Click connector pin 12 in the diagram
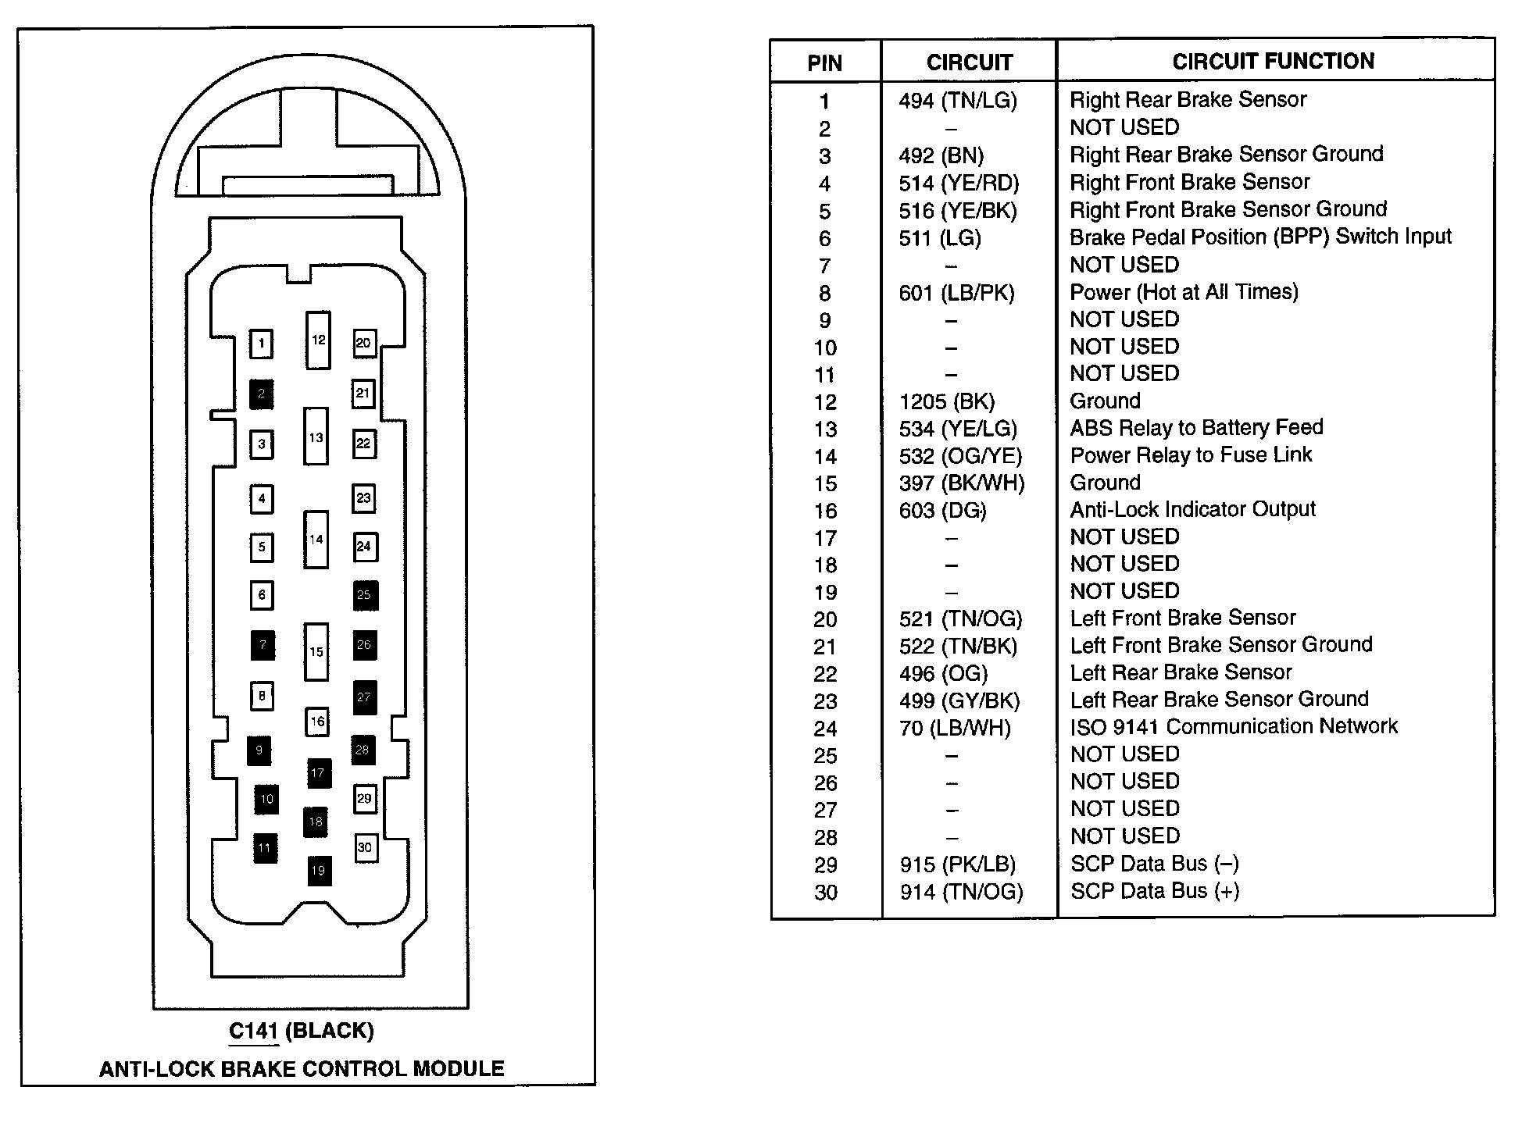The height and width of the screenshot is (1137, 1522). pyautogui.click(x=318, y=340)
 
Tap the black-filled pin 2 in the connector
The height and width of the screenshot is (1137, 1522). pyautogui.click(x=261, y=394)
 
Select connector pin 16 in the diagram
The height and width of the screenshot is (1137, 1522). pyautogui.click(x=316, y=721)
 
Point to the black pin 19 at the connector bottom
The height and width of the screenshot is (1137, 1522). pyautogui.click(x=317, y=871)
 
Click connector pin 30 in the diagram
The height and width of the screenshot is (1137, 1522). pyautogui.click(x=365, y=847)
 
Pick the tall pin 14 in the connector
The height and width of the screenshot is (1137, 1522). pyautogui.click(x=316, y=540)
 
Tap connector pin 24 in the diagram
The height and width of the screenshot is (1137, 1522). pyautogui.click(x=364, y=547)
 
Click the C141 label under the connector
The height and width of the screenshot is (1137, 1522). pyautogui.click(x=254, y=1031)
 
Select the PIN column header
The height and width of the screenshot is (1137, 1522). pyautogui.click(x=825, y=62)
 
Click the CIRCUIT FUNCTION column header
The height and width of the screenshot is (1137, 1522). pyautogui.click(x=1273, y=61)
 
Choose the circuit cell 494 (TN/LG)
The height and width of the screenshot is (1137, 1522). pyautogui.click(x=958, y=101)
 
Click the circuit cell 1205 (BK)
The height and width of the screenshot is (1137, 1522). pyautogui.click(x=947, y=402)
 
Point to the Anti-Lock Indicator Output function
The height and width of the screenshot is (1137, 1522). pyautogui.click(x=1192, y=510)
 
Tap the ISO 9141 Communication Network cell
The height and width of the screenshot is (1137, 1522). pyautogui.click(x=1234, y=727)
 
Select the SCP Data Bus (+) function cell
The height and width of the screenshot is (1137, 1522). pyautogui.click(x=1155, y=892)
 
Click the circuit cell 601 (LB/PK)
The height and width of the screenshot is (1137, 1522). pyautogui.click(x=956, y=294)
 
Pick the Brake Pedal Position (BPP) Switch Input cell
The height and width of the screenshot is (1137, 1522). pyautogui.click(x=1260, y=237)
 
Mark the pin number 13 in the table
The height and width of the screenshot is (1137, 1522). pyautogui.click(x=825, y=429)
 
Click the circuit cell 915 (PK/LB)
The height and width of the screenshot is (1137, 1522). pyautogui.click(x=957, y=865)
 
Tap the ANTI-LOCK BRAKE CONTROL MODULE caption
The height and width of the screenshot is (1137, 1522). pyautogui.click(x=302, y=1069)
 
